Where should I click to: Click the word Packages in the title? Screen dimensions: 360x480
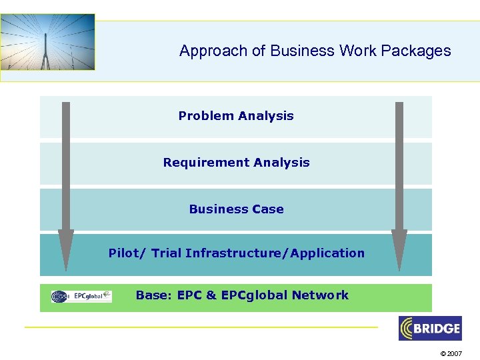tap(421, 51)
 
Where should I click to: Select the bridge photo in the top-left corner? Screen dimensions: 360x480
tap(47, 42)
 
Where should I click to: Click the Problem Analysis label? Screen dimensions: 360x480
tap(236, 116)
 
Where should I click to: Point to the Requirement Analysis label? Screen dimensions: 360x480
tap(236, 163)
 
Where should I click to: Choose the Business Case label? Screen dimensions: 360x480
tap(236, 209)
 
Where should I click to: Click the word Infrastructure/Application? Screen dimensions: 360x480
tap(275, 253)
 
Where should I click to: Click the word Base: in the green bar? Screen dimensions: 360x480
tap(155, 295)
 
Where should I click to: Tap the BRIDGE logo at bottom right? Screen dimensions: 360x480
tap(430, 328)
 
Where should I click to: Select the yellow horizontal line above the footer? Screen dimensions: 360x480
tap(200, 327)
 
